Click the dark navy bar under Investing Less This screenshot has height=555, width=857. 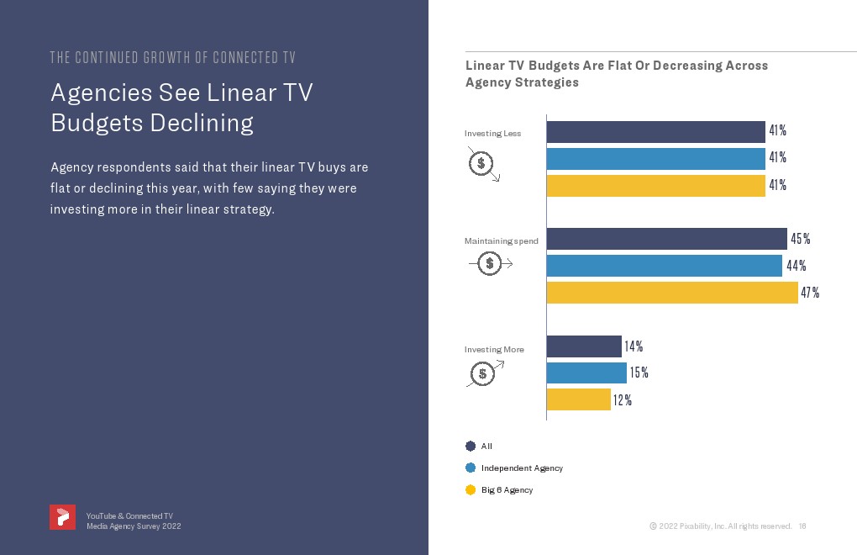click(655, 132)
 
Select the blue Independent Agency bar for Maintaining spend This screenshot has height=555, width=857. click(664, 266)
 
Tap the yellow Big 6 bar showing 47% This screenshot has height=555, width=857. click(672, 293)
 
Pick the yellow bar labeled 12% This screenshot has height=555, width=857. click(578, 400)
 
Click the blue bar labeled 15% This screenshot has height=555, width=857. click(586, 373)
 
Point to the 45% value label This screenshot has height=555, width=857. click(801, 239)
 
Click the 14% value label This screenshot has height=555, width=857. click(634, 346)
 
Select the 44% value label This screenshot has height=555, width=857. click(796, 266)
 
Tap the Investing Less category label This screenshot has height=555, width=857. click(492, 134)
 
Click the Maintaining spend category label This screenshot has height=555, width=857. click(501, 241)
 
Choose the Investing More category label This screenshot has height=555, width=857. click(494, 349)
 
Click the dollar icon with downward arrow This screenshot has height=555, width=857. click(482, 164)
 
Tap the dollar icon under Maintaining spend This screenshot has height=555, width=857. click(490, 264)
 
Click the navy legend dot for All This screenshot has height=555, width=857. click(471, 446)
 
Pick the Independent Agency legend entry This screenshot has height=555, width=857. click(521, 468)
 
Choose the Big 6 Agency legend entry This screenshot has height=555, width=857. click(507, 489)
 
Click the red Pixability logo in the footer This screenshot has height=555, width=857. click(62, 517)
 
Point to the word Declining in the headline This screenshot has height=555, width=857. click(202, 123)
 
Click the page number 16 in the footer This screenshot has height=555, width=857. click(802, 526)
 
